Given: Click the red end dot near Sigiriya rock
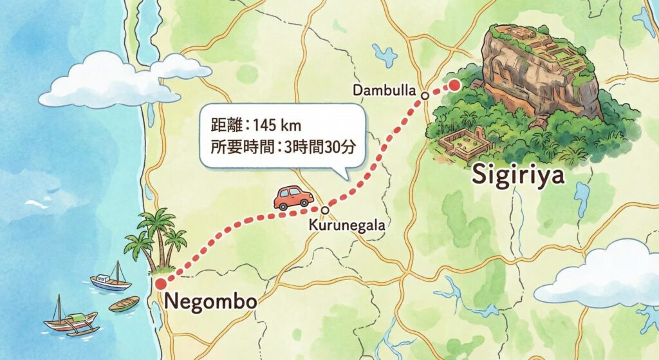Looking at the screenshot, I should point(455,85).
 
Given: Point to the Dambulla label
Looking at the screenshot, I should point(385,90).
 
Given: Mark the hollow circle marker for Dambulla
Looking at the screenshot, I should point(425,96).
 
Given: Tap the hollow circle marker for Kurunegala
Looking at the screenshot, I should point(325,210).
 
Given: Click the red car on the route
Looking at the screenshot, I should point(293,197).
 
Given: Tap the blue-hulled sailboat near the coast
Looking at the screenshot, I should point(110,281).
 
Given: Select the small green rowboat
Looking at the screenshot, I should point(124,303).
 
